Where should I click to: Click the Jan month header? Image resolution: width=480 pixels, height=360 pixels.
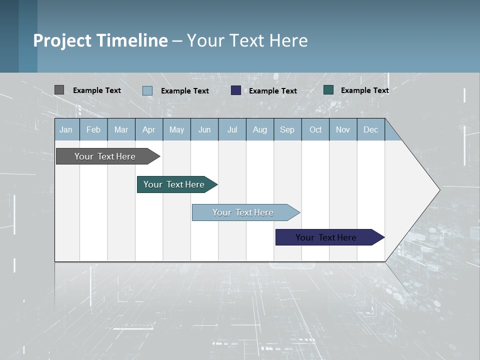tap(66, 129)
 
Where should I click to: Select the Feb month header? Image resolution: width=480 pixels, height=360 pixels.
tap(93, 129)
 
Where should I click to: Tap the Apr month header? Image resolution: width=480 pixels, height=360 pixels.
tap(149, 129)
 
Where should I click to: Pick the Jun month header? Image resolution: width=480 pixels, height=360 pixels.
tap(204, 129)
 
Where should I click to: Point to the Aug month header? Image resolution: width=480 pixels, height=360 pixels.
tap(260, 129)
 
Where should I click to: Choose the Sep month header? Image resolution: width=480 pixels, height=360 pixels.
tap(287, 129)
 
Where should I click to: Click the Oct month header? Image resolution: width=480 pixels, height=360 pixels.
tap(315, 129)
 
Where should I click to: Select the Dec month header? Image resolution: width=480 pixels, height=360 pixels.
tap(371, 129)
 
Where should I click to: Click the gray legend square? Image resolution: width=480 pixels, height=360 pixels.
tap(59, 90)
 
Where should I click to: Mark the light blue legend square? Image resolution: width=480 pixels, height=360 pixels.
tap(147, 90)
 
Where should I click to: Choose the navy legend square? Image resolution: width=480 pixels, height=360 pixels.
tap(236, 90)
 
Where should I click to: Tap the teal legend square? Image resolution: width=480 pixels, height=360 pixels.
tap(328, 90)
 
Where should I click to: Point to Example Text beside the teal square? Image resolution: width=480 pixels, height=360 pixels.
tap(364, 90)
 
